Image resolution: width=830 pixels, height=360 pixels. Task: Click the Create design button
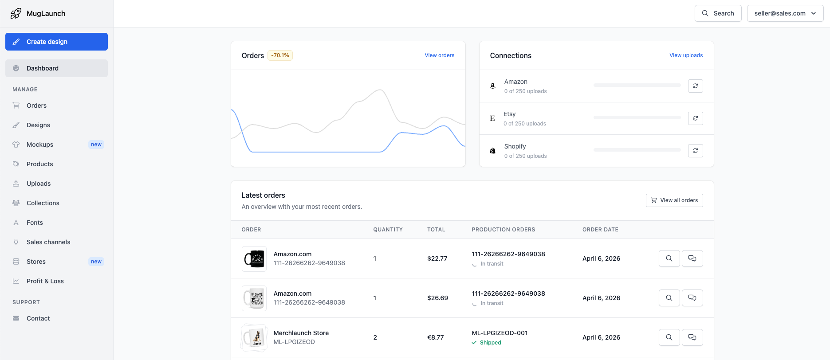tap(56, 42)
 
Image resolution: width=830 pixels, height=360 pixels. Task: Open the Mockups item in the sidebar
tap(40, 145)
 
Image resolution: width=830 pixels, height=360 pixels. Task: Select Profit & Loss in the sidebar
tap(45, 281)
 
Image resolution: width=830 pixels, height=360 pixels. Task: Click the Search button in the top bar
tap(718, 13)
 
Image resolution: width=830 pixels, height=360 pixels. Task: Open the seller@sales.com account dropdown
tap(785, 13)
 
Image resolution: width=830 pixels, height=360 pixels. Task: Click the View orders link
tap(439, 55)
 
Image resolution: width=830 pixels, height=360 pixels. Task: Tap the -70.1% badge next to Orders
tap(280, 55)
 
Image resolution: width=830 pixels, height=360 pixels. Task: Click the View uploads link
tap(686, 55)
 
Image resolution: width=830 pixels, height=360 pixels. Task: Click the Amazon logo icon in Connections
tap(492, 86)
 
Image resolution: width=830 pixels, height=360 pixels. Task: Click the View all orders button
tap(674, 200)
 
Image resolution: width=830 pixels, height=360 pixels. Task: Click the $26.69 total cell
tap(437, 298)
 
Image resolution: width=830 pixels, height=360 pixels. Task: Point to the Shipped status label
tap(490, 343)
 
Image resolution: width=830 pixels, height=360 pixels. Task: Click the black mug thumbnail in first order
tap(254, 258)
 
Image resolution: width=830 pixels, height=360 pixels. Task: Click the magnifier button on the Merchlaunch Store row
tap(669, 337)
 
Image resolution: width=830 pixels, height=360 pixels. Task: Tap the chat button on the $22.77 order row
tap(692, 258)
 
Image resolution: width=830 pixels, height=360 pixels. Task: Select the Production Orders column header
tap(503, 230)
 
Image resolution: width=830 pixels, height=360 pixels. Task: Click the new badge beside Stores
tap(96, 262)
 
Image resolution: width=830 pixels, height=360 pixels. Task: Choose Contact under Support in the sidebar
tap(38, 318)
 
